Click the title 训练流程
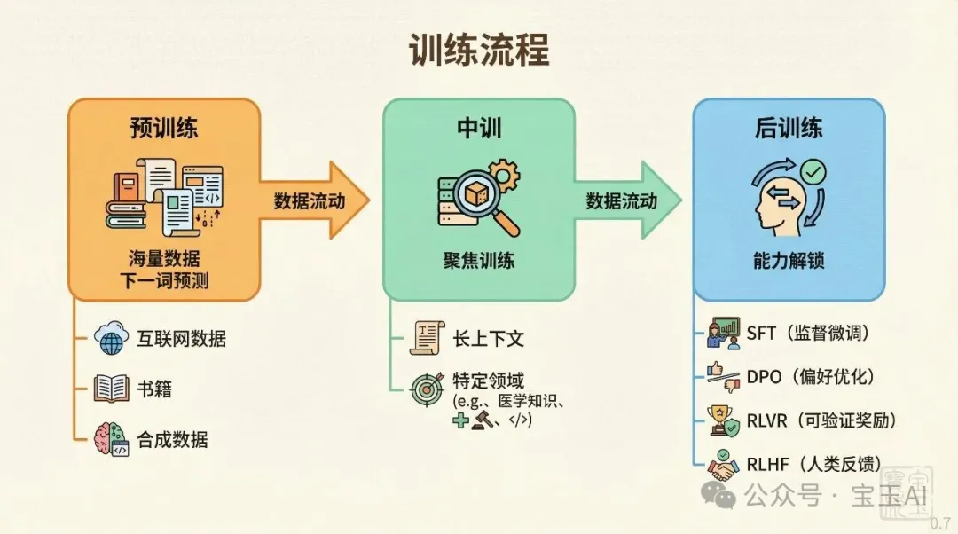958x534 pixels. point(479,51)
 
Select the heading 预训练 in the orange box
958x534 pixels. point(164,128)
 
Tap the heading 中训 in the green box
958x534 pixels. point(478,128)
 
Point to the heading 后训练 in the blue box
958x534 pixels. point(789,128)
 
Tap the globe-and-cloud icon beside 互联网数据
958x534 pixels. point(112,338)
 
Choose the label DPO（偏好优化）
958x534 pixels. point(810,376)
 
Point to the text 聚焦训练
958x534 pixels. point(478,262)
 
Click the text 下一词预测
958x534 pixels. point(164,280)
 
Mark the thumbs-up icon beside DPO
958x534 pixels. point(714,370)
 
